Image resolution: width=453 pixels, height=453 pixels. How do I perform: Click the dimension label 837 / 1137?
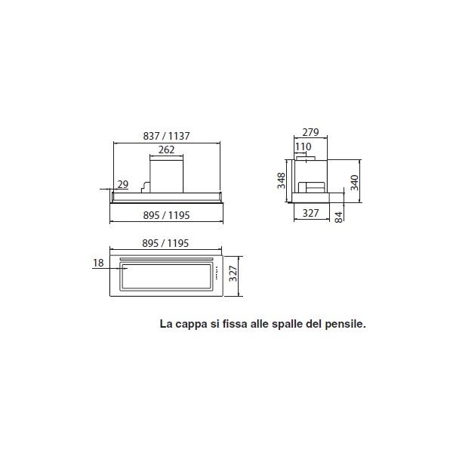pyautogui.click(x=166, y=136)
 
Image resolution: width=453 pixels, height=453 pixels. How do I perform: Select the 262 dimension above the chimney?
pyautogui.click(x=166, y=149)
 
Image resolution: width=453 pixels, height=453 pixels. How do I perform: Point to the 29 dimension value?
pyautogui.click(x=123, y=184)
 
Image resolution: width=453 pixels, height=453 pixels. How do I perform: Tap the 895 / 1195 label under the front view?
pyautogui.click(x=166, y=215)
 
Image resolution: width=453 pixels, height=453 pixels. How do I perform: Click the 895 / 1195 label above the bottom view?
pyautogui.click(x=165, y=243)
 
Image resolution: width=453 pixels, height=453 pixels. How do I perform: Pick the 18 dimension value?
pyautogui.click(x=98, y=263)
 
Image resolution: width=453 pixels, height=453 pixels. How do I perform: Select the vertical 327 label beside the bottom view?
pyautogui.click(x=233, y=273)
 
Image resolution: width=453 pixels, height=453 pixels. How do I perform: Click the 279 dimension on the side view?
pyautogui.click(x=310, y=132)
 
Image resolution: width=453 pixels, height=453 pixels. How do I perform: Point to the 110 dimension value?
pyautogui.click(x=303, y=146)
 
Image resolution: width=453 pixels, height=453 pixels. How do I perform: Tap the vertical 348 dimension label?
pyautogui.click(x=281, y=180)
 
